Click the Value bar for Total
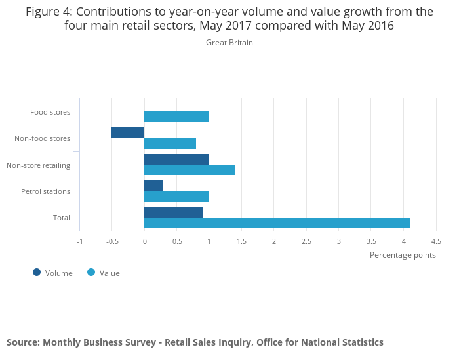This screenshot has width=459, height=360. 277,223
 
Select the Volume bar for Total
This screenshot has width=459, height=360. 173,212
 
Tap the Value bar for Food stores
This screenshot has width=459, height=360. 176,117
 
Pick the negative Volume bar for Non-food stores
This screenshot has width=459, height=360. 128,133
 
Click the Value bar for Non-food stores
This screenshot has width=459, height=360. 170,144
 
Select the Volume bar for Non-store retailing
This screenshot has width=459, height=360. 176,159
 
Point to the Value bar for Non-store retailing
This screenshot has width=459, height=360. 190,170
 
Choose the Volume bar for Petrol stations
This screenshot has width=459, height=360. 153,186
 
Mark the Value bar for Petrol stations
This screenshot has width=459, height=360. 176,197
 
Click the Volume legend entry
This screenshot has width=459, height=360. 52,273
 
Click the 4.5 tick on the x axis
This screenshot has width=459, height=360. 436,241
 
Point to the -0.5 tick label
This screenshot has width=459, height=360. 111,241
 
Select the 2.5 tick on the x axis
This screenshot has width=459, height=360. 306,241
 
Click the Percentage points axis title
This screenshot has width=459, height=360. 403,255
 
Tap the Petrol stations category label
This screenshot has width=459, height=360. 45,191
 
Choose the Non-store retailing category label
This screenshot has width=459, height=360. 38,165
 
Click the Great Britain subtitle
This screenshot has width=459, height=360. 229,43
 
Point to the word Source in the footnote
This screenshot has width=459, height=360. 22,342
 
